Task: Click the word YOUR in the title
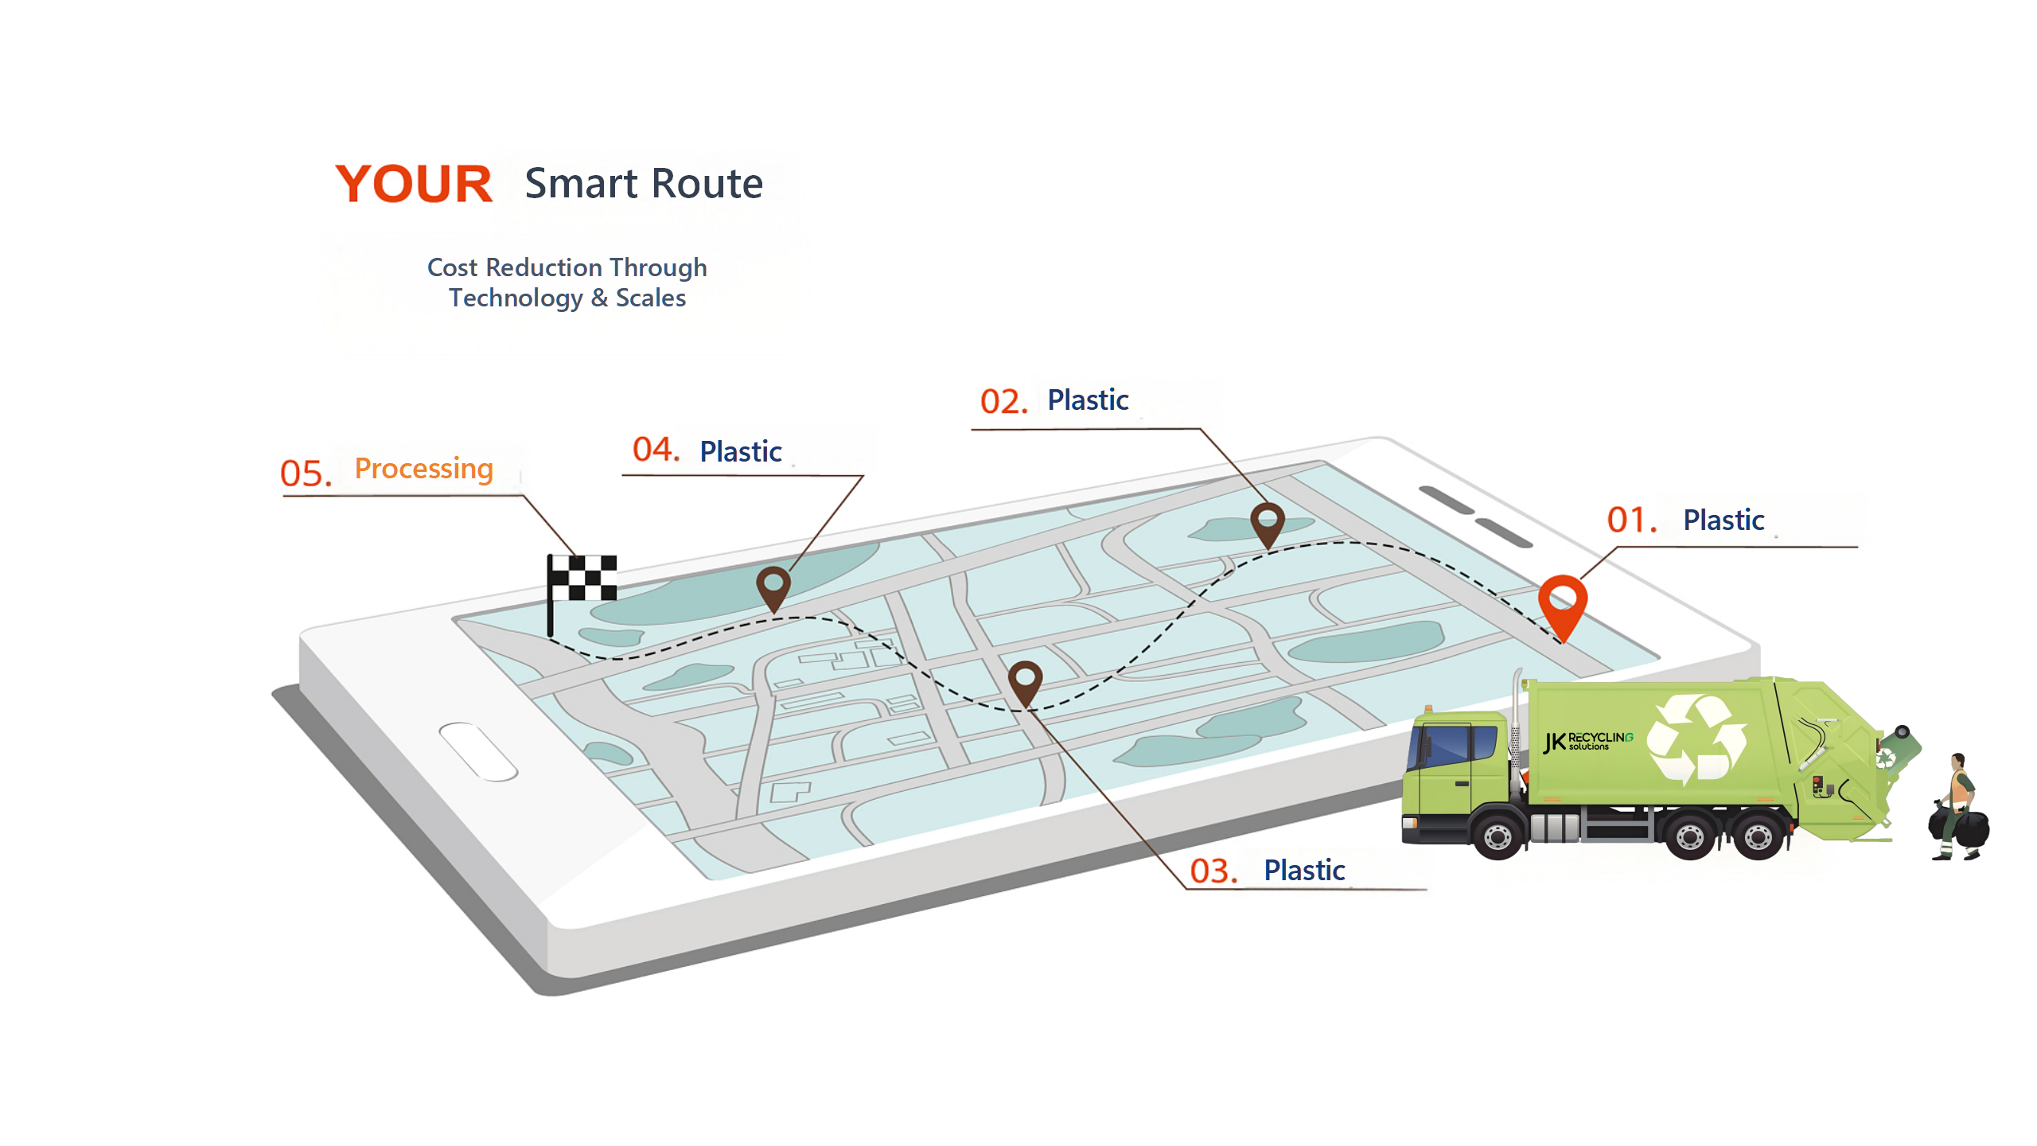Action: coord(414,184)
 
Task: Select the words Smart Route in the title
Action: coord(644,184)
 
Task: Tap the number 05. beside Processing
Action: coord(305,474)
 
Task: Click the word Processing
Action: coord(423,469)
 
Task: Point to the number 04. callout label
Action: coord(656,450)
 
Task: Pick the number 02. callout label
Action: coord(1003,402)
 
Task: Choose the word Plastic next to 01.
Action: coord(1723,520)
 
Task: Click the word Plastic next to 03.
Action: coord(1304,871)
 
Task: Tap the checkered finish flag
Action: coord(582,579)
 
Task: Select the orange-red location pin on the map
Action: coord(1563,603)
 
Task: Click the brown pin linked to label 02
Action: coord(1268,522)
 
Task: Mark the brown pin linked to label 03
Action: coord(1025,680)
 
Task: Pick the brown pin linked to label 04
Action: coord(773,587)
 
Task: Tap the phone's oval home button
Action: coord(478,751)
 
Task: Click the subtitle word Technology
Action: coord(516,298)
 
